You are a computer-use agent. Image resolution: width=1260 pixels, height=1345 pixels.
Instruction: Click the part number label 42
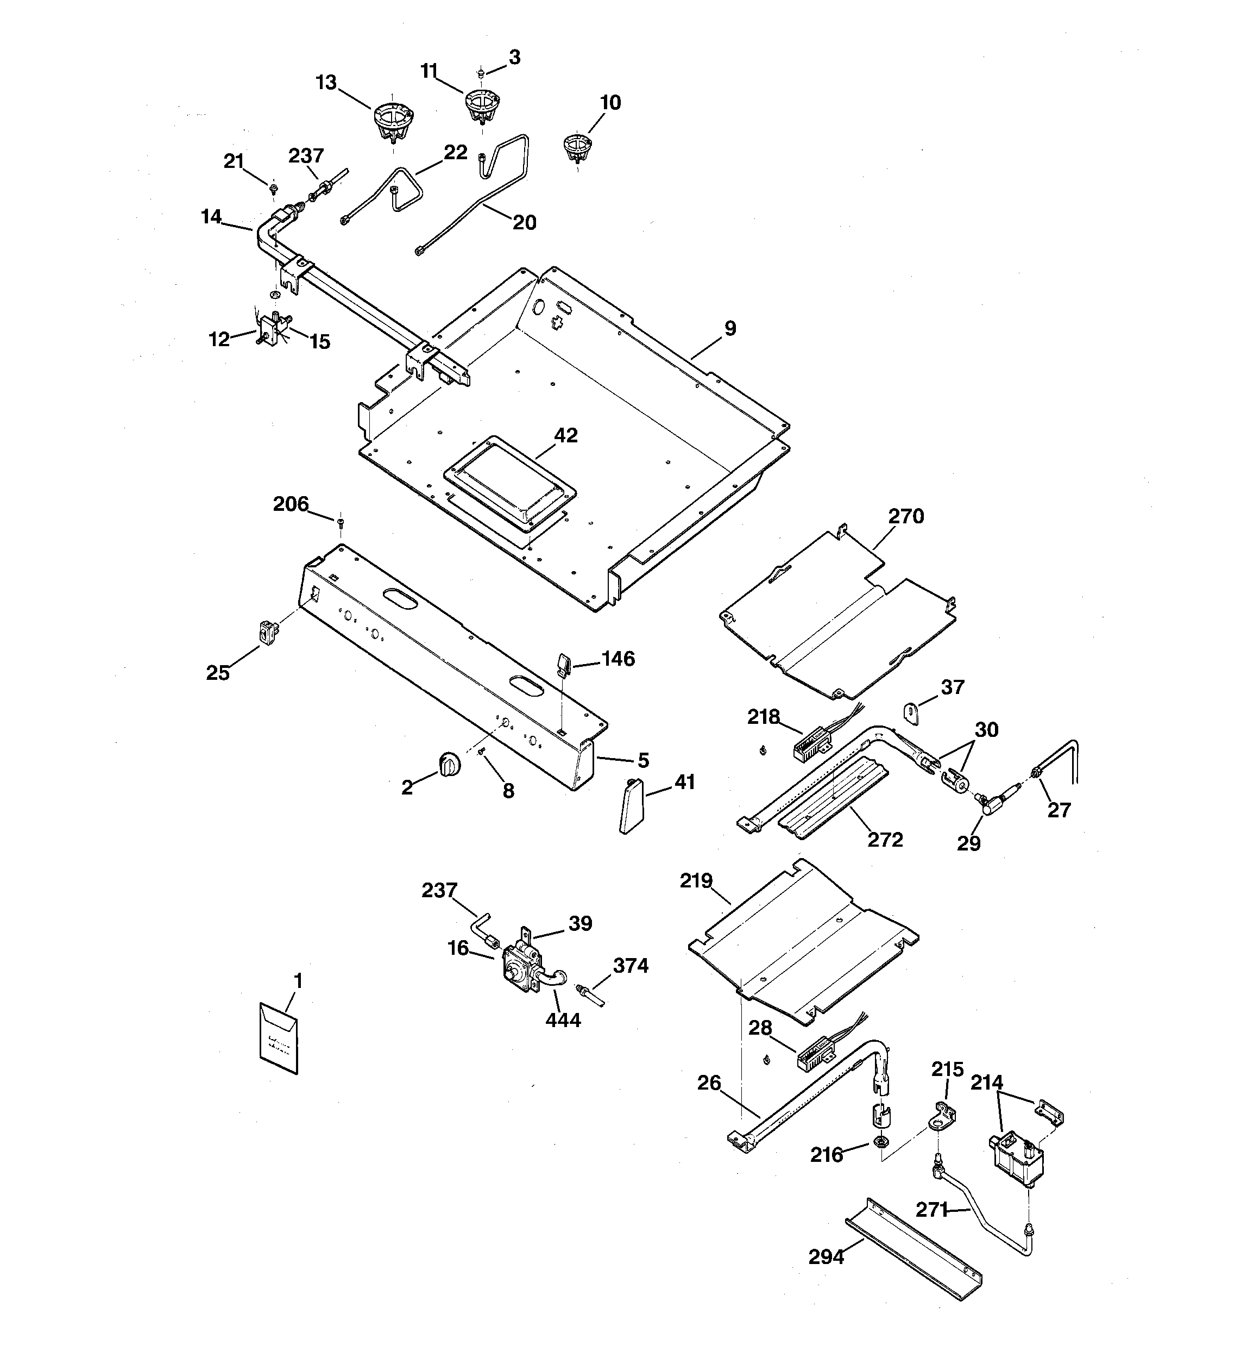tap(565, 435)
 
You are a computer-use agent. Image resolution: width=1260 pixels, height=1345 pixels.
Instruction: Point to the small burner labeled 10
tap(577, 147)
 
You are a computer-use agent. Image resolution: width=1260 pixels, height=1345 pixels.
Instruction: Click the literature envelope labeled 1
tap(279, 1038)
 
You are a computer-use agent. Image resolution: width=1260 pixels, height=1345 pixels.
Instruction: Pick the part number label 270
tap(905, 516)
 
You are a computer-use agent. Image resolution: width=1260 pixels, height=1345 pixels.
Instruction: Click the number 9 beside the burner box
tap(730, 328)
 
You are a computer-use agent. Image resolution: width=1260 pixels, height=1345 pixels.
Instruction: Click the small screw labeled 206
tap(340, 522)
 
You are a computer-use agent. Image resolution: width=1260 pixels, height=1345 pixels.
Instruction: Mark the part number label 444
tap(563, 1019)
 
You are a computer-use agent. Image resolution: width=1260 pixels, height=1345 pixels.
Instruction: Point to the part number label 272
tap(885, 840)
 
